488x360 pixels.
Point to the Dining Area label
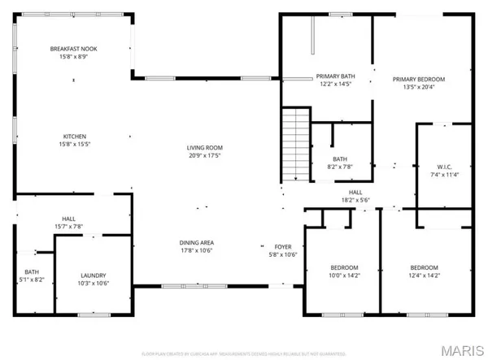pos(196,242)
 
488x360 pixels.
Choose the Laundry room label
pos(93,275)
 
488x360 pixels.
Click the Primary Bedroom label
pos(419,79)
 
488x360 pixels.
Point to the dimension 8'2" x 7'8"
pos(340,167)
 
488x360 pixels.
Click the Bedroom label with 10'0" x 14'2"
pos(344,268)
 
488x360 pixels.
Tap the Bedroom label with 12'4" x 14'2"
pos(424,268)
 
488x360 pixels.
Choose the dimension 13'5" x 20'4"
pos(419,88)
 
